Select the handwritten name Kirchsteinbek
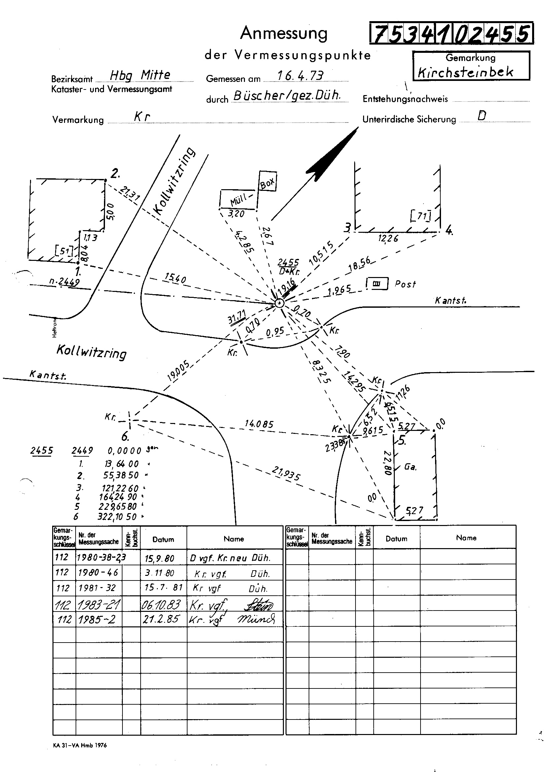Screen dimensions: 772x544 tap(465, 72)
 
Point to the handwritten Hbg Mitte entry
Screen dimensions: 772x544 tap(140, 75)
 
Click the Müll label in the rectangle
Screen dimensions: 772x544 tap(239, 201)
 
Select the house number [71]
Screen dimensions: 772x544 tap(420, 216)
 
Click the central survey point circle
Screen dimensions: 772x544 tap(279, 303)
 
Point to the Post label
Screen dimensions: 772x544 tap(405, 284)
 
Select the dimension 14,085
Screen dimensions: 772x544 tap(259, 424)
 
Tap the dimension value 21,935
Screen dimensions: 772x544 tap(286, 474)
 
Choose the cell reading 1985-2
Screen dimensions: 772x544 tap(97, 619)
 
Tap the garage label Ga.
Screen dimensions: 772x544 tap(410, 467)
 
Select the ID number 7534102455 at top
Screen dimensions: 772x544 tap(451, 34)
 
